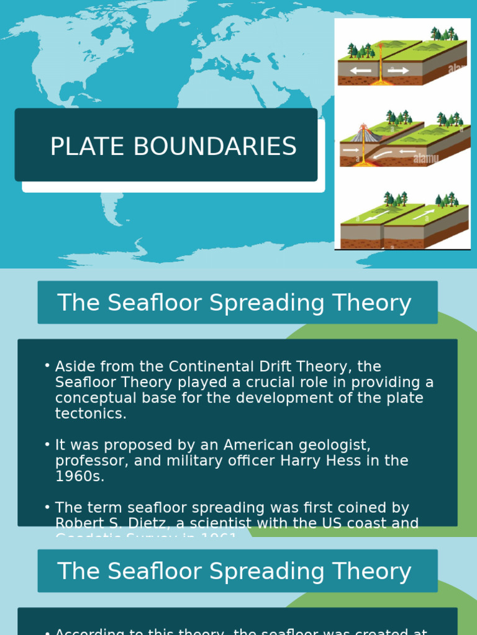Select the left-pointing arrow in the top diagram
[360, 71]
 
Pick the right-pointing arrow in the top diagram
[398, 71]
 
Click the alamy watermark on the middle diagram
[425, 159]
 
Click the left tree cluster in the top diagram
[361, 51]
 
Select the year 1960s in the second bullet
[79, 476]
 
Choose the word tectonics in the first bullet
[91, 414]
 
